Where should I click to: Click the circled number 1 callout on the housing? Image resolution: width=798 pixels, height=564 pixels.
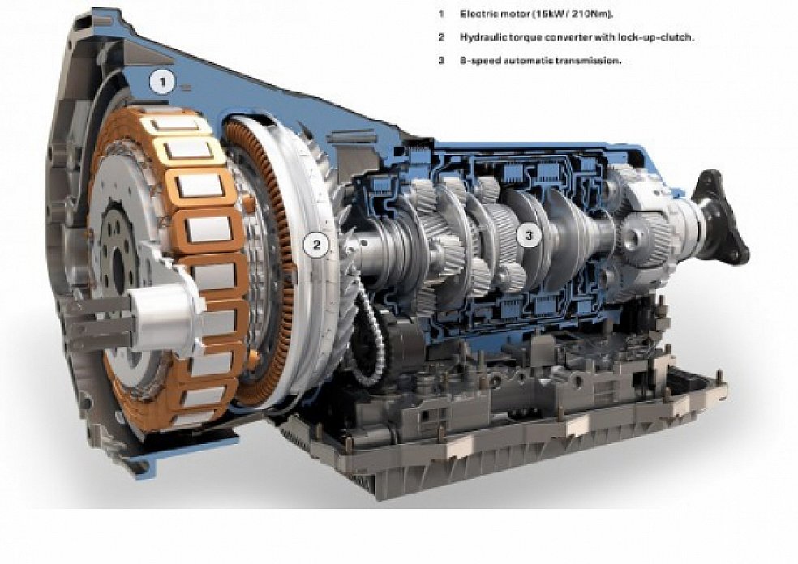[x=163, y=81]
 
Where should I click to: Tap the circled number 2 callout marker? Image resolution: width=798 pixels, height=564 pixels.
[x=317, y=245]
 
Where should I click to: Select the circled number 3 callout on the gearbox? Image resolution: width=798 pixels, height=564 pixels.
[x=529, y=236]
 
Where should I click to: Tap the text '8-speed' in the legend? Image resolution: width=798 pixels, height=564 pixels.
[x=478, y=61]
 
